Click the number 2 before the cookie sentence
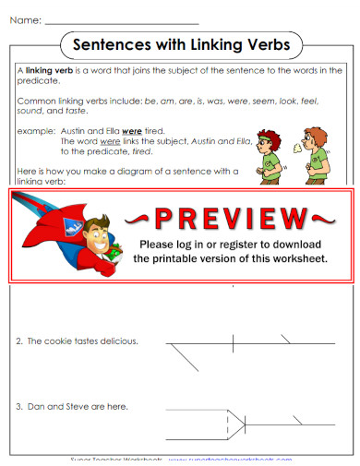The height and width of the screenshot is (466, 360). [19, 341]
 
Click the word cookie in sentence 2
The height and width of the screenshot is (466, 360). [58, 341]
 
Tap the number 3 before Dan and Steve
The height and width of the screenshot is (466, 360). [19, 406]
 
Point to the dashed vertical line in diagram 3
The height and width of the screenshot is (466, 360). [227, 424]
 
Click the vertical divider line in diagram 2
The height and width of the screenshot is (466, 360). [233, 342]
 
